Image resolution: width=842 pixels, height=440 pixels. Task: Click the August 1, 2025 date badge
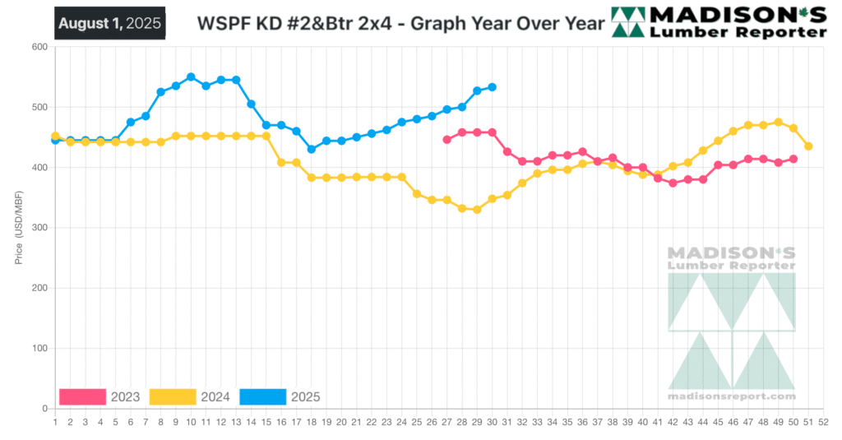tap(110, 23)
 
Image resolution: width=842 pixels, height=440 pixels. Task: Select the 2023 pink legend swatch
tap(82, 397)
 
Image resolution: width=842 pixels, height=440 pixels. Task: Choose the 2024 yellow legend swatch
tap(173, 397)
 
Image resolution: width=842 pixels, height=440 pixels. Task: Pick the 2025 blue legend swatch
tap(263, 397)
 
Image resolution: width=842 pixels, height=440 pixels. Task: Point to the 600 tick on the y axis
tap(39, 47)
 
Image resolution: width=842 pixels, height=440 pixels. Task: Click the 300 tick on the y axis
tap(39, 228)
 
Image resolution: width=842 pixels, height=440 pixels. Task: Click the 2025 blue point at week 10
tap(191, 76)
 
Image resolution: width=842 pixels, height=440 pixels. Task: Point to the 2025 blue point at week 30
tap(492, 87)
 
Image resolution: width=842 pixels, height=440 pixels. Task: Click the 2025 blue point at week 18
tap(311, 150)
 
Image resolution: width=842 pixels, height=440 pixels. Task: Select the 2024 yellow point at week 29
tap(477, 210)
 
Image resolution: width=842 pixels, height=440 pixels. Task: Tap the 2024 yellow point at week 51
tap(808, 146)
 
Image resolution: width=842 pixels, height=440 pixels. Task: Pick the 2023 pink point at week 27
tap(446, 140)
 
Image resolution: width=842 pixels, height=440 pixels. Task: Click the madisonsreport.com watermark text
tap(732, 396)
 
